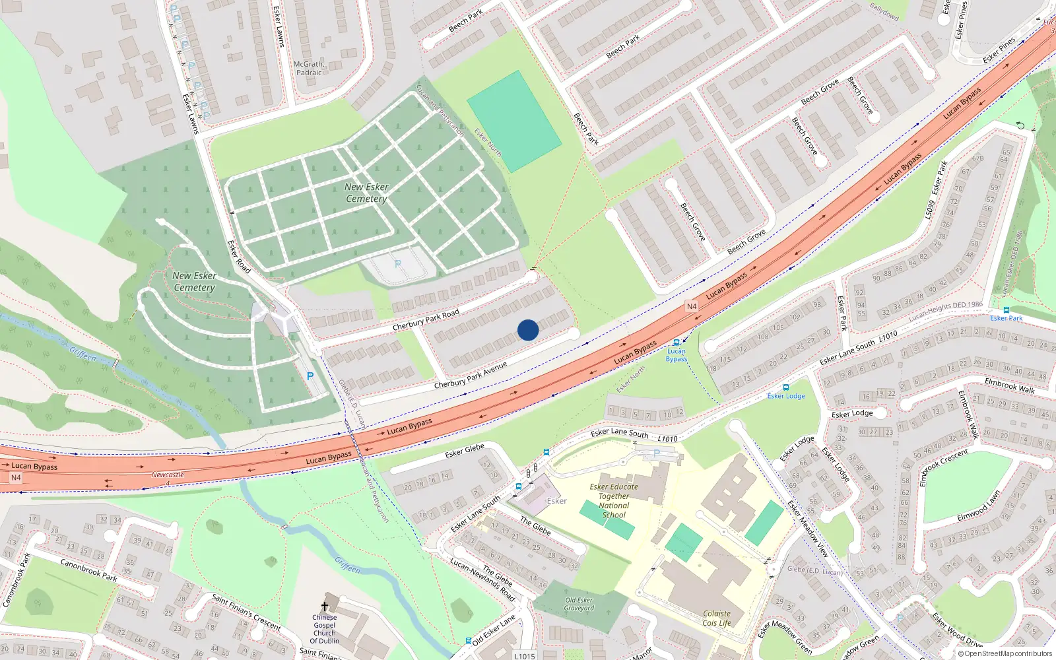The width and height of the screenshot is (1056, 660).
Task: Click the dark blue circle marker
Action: [528, 330]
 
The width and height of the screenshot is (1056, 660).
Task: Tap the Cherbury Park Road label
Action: [426, 321]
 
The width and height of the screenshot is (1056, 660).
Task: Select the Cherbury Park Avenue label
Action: [471, 375]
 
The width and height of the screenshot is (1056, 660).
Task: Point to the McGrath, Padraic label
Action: [308, 69]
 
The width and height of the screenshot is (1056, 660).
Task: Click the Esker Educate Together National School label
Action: [614, 500]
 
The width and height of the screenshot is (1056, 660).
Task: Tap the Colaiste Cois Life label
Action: [717, 618]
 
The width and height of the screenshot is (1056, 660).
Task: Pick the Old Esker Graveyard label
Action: [579, 604]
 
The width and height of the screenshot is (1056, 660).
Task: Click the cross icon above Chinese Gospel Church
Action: [325, 606]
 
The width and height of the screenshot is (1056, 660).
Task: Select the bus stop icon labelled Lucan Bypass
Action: [676, 343]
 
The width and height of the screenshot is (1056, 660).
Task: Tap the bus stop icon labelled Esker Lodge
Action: [785, 387]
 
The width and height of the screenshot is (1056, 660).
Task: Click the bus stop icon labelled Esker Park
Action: [1006, 310]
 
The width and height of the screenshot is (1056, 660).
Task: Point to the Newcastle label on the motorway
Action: [168, 475]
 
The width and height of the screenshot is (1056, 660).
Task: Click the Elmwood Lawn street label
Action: [979, 506]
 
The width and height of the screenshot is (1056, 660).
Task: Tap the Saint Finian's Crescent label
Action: [246, 611]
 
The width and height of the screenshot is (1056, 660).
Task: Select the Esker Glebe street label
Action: [465, 450]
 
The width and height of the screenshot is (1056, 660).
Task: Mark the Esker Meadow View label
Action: [808, 529]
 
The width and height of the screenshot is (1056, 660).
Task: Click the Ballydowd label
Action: [884, 11]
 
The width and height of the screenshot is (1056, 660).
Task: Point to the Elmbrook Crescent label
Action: [944, 467]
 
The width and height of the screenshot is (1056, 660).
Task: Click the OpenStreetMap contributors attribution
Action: [1005, 653]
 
